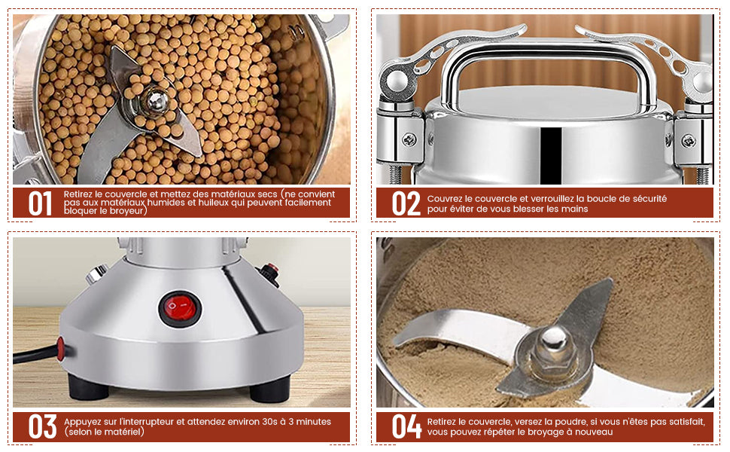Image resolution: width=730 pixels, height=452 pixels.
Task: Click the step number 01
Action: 40,204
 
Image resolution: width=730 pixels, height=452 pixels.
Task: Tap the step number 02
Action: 406,204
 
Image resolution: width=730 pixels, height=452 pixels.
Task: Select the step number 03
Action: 42,427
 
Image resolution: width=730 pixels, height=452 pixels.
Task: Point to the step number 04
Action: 406,427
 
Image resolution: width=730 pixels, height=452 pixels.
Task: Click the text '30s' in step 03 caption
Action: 269,422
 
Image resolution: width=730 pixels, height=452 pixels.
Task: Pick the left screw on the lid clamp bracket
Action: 409,139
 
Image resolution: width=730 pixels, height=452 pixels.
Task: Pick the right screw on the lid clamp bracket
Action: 688,140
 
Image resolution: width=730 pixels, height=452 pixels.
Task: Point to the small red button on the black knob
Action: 272,268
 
